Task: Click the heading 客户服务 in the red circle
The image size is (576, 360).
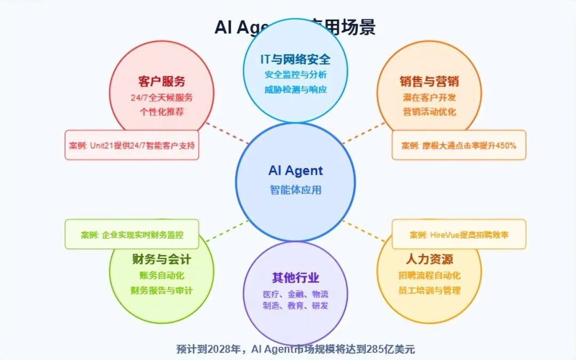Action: click(162, 82)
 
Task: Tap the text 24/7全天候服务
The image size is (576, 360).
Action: click(162, 98)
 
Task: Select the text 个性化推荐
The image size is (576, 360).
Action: click(162, 112)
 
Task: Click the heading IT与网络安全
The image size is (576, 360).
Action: click(295, 59)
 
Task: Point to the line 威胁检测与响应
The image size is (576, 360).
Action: click(295, 89)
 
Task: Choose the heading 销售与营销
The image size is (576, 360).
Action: click(429, 82)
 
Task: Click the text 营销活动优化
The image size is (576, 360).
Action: click(429, 112)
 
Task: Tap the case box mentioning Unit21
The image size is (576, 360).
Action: click(132, 145)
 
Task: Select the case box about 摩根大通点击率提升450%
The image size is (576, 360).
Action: click(459, 145)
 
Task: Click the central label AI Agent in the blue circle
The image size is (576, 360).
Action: click(295, 171)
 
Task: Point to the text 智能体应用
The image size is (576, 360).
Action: click(295, 189)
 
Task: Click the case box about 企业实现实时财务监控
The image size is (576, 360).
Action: click(132, 234)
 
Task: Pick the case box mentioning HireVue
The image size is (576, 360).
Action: click(459, 234)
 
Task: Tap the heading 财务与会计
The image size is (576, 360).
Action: click(162, 260)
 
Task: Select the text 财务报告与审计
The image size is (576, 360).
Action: click(162, 291)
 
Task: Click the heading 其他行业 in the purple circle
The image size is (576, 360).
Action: click(295, 278)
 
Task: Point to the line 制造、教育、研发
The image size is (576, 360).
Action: click(295, 306)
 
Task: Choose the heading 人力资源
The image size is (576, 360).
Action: click(429, 260)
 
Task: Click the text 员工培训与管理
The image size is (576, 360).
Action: click(429, 291)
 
